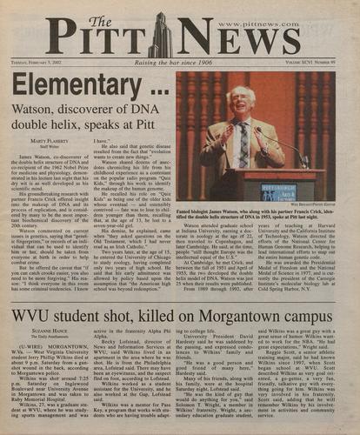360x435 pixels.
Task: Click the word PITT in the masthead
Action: [99, 36]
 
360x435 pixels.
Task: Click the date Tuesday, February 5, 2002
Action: [49, 64]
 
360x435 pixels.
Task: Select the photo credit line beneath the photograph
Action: [310, 204]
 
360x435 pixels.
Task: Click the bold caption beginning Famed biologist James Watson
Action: [257, 215]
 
